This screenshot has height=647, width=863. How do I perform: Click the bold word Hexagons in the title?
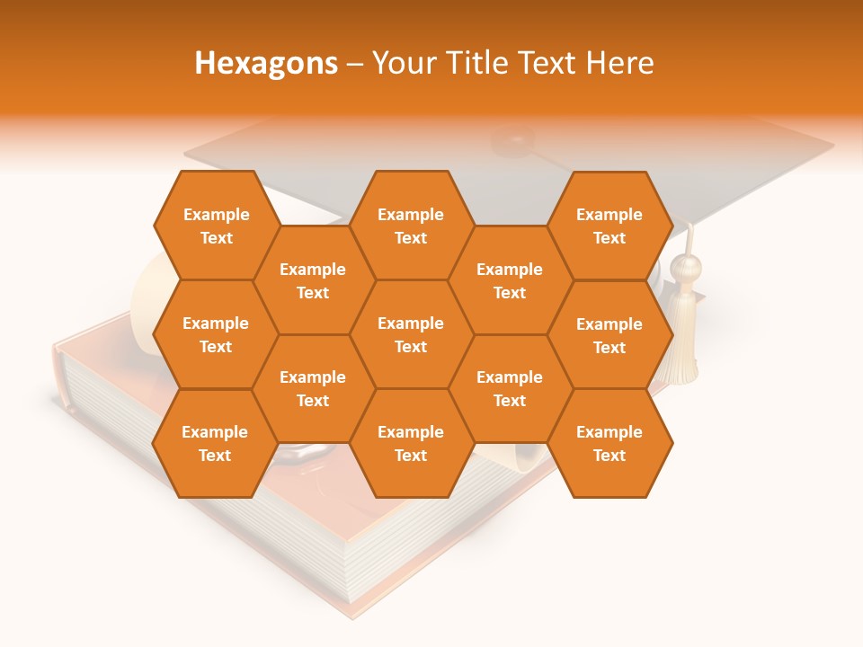click(x=266, y=63)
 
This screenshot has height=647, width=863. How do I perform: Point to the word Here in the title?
click(x=620, y=63)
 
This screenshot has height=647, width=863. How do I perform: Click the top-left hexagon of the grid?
click(x=216, y=226)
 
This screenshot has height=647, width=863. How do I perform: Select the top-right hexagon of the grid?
click(x=609, y=226)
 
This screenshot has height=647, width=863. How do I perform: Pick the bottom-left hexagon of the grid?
click(x=215, y=443)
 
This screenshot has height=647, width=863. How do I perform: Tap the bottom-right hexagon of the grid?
click(x=609, y=443)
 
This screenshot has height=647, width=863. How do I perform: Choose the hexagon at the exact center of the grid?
click(x=411, y=334)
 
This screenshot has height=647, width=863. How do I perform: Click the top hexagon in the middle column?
click(x=411, y=226)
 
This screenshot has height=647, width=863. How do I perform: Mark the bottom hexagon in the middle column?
click(x=411, y=443)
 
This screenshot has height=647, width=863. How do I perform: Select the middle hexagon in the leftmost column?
click(x=216, y=334)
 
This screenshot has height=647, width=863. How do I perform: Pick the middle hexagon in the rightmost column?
click(x=609, y=335)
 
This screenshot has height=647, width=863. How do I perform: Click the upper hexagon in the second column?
click(x=313, y=280)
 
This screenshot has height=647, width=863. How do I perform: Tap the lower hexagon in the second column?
click(x=313, y=388)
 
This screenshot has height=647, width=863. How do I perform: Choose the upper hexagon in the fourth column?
click(x=510, y=280)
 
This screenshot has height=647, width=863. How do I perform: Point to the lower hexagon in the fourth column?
click(x=510, y=388)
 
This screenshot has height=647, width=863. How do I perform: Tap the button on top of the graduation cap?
click(x=514, y=139)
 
